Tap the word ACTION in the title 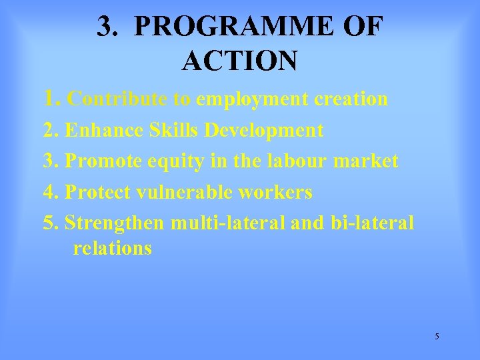239,61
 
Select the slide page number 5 437,336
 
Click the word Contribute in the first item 118,99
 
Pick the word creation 351,99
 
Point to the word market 368,161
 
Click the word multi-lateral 229,223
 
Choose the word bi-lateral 372,223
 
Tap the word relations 112,249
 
